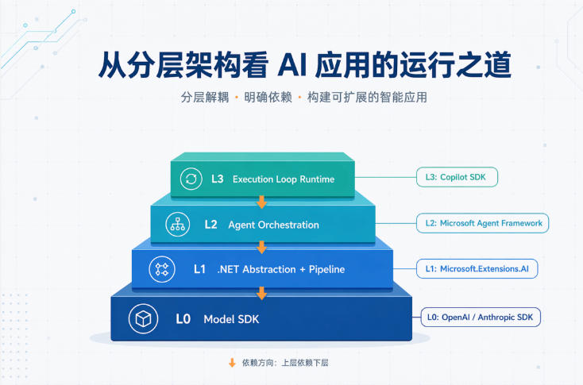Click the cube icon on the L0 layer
[143, 318]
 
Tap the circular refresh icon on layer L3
[191, 179]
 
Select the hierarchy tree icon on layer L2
[178, 225]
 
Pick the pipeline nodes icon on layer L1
[162, 269]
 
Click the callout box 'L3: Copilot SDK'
[457, 177]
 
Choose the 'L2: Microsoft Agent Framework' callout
[482, 223]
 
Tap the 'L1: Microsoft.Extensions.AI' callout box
[477, 268]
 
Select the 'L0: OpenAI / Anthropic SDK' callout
[481, 317]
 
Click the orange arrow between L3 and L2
[262, 202]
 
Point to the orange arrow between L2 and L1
[262, 247]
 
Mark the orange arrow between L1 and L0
[262, 293]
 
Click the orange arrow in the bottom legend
[233, 363]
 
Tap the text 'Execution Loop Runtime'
[284, 179]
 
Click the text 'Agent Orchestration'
[274, 225]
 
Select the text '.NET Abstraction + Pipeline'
[281, 269]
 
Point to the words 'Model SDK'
[231, 319]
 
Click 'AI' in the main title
[292, 65]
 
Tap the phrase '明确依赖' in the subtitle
[268, 98]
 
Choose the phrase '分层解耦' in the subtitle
[205, 98]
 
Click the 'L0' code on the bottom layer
[183, 319]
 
